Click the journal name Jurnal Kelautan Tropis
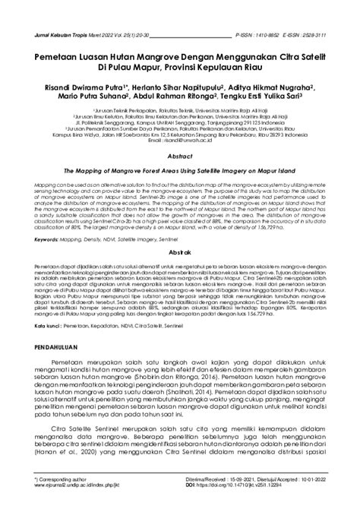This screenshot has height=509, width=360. (x=62, y=34)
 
